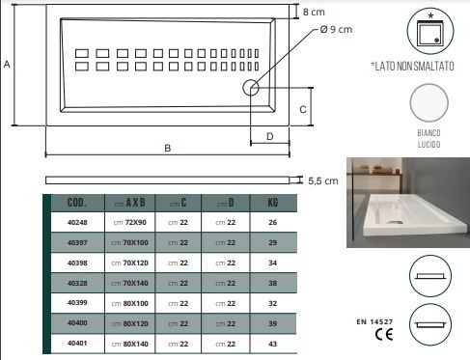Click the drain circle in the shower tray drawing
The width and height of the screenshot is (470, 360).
point(251,88)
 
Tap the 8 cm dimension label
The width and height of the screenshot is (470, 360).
point(314,13)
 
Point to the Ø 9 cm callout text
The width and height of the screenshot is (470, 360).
point(336,29)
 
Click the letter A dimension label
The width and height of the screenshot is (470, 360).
point(7,64)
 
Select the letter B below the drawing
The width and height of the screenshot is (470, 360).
point(167,148)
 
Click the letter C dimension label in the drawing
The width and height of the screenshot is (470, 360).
point(303,110)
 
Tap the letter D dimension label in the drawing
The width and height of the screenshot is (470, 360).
point(270,137)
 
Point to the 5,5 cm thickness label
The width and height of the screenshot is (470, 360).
point(323,180)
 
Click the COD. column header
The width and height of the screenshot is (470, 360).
point(77,203)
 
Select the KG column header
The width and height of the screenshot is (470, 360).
point(273,203)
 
